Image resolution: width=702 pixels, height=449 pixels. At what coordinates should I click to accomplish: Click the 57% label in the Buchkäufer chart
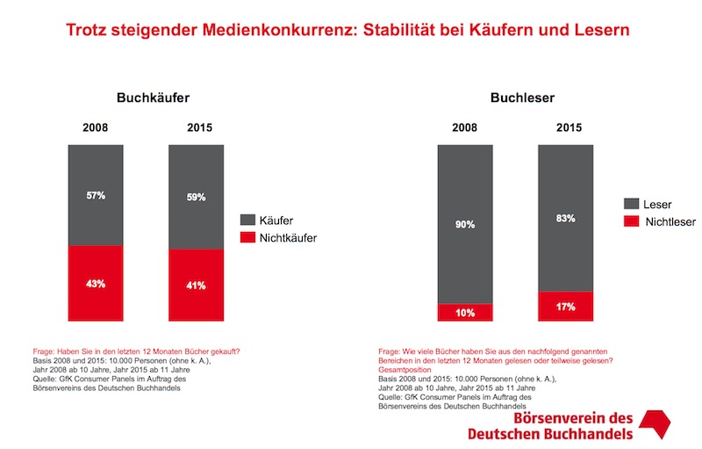coord(96,195)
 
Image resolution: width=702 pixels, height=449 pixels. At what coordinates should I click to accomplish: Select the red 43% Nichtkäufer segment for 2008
coord(96,283)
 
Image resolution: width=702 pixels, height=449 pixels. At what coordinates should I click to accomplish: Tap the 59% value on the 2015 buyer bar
coord(196,198)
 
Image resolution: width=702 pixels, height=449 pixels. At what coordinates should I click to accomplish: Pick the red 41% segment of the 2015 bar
coord(196,286)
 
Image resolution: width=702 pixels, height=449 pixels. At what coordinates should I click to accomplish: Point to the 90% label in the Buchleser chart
coord(465,225)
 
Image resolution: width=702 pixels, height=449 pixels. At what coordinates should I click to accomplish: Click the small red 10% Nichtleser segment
coord(465,311)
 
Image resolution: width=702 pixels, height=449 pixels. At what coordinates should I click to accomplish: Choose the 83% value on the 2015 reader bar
coord(566,218)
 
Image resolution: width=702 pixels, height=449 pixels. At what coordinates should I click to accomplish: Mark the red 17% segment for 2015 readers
coord(566,306)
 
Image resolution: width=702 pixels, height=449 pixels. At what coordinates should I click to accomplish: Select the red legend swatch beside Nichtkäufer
coord(247,237)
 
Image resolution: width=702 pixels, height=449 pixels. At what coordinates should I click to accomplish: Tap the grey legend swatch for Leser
coord(631,204)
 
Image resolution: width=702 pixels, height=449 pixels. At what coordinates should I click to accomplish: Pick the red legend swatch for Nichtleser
coord(631,221)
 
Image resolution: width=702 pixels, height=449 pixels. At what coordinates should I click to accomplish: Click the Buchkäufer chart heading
coord(154,99)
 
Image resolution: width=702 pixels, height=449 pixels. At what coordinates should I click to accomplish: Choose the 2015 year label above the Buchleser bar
coord(566,128)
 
